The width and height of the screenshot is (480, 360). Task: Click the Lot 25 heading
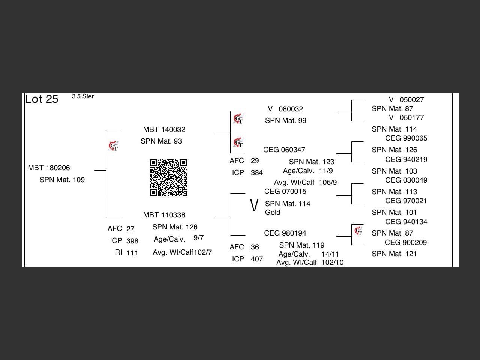coord(42,99)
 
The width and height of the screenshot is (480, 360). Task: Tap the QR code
coord(168,178)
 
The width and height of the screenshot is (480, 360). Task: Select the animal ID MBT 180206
coord(49,168)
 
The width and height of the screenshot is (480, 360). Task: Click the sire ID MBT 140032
coord(164,130)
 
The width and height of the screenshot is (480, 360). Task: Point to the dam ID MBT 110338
coord(164,215)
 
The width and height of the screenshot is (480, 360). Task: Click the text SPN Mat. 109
coord(62,180)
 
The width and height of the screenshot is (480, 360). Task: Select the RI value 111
coord(132,253)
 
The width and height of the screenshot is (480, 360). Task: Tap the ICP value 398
coord(132,241)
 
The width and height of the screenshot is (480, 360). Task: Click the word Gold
coord(273,213)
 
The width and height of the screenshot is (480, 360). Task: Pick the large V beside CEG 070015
coord(254,205)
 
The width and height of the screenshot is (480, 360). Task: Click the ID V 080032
coord(285,109)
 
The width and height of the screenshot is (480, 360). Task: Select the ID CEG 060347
coord(284,150)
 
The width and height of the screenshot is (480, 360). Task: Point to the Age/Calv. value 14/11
coord(330,254)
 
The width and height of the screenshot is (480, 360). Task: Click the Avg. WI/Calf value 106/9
coord(328,183)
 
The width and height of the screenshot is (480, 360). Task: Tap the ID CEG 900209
coord(406,242)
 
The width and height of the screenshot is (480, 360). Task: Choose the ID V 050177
coord(406,118)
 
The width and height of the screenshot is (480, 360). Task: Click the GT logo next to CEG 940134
coord(358,231)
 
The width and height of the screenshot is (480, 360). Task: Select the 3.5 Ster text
coord(82,96)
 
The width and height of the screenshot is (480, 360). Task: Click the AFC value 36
coord(255,247)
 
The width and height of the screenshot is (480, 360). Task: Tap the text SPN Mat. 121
coord(394,254)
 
